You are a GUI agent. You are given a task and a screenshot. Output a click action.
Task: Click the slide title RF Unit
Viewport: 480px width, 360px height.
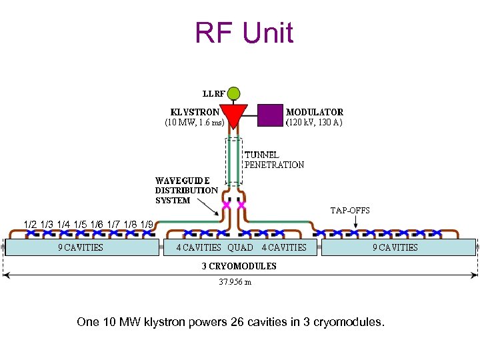tap(243, 33)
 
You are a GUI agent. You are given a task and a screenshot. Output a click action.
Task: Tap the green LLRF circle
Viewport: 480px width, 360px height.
tap(234, 94)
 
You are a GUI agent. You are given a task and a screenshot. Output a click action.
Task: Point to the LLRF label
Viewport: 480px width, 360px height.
tap(213, 94)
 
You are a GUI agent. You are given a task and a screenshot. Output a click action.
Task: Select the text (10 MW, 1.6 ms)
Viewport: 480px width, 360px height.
tap(194, 123)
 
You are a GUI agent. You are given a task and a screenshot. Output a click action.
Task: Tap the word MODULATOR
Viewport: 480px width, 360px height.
tap(315, 112)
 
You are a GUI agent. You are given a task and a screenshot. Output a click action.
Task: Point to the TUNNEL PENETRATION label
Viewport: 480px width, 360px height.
tap(274, 160)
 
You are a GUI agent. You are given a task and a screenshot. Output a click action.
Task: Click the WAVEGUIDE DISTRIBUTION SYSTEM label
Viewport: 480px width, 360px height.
tap(186, 190)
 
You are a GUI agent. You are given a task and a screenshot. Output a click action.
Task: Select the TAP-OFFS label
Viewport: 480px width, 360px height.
tap(350, 211)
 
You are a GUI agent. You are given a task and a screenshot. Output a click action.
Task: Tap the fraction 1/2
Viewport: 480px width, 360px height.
tap(30, 225)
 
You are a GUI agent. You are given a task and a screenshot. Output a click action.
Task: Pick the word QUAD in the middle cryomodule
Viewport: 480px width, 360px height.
tap(240, 247)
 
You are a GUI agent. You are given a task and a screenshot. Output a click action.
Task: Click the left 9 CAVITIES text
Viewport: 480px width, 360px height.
tap(80, 247)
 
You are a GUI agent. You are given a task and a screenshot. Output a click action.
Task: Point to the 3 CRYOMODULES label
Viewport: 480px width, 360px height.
tap(239, 266)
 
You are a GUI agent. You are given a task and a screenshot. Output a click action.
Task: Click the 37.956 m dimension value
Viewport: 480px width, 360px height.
tap(235, 282)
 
